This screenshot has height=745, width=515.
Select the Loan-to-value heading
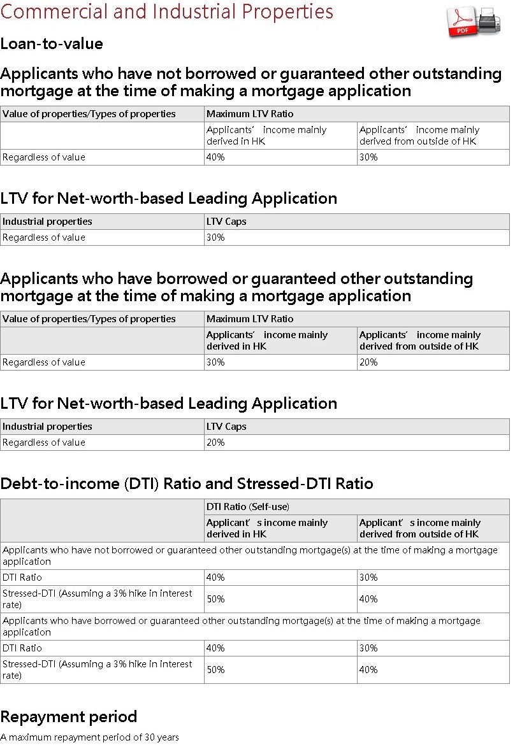[52, 44]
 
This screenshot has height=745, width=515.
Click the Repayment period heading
[69, 716]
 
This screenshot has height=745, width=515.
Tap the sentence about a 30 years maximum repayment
[90, 737]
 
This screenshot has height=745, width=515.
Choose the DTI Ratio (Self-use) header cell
[248, 507]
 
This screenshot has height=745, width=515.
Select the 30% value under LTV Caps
[215, 238]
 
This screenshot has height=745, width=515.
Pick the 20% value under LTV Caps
[215, 443]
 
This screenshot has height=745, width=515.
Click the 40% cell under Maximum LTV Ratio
[215, 157]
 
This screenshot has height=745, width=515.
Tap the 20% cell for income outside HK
[368, 362]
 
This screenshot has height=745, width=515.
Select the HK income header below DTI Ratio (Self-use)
[266, 529]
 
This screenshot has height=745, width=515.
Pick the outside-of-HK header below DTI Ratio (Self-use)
[419, 529]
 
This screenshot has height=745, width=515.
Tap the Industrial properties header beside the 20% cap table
[47, 427]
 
